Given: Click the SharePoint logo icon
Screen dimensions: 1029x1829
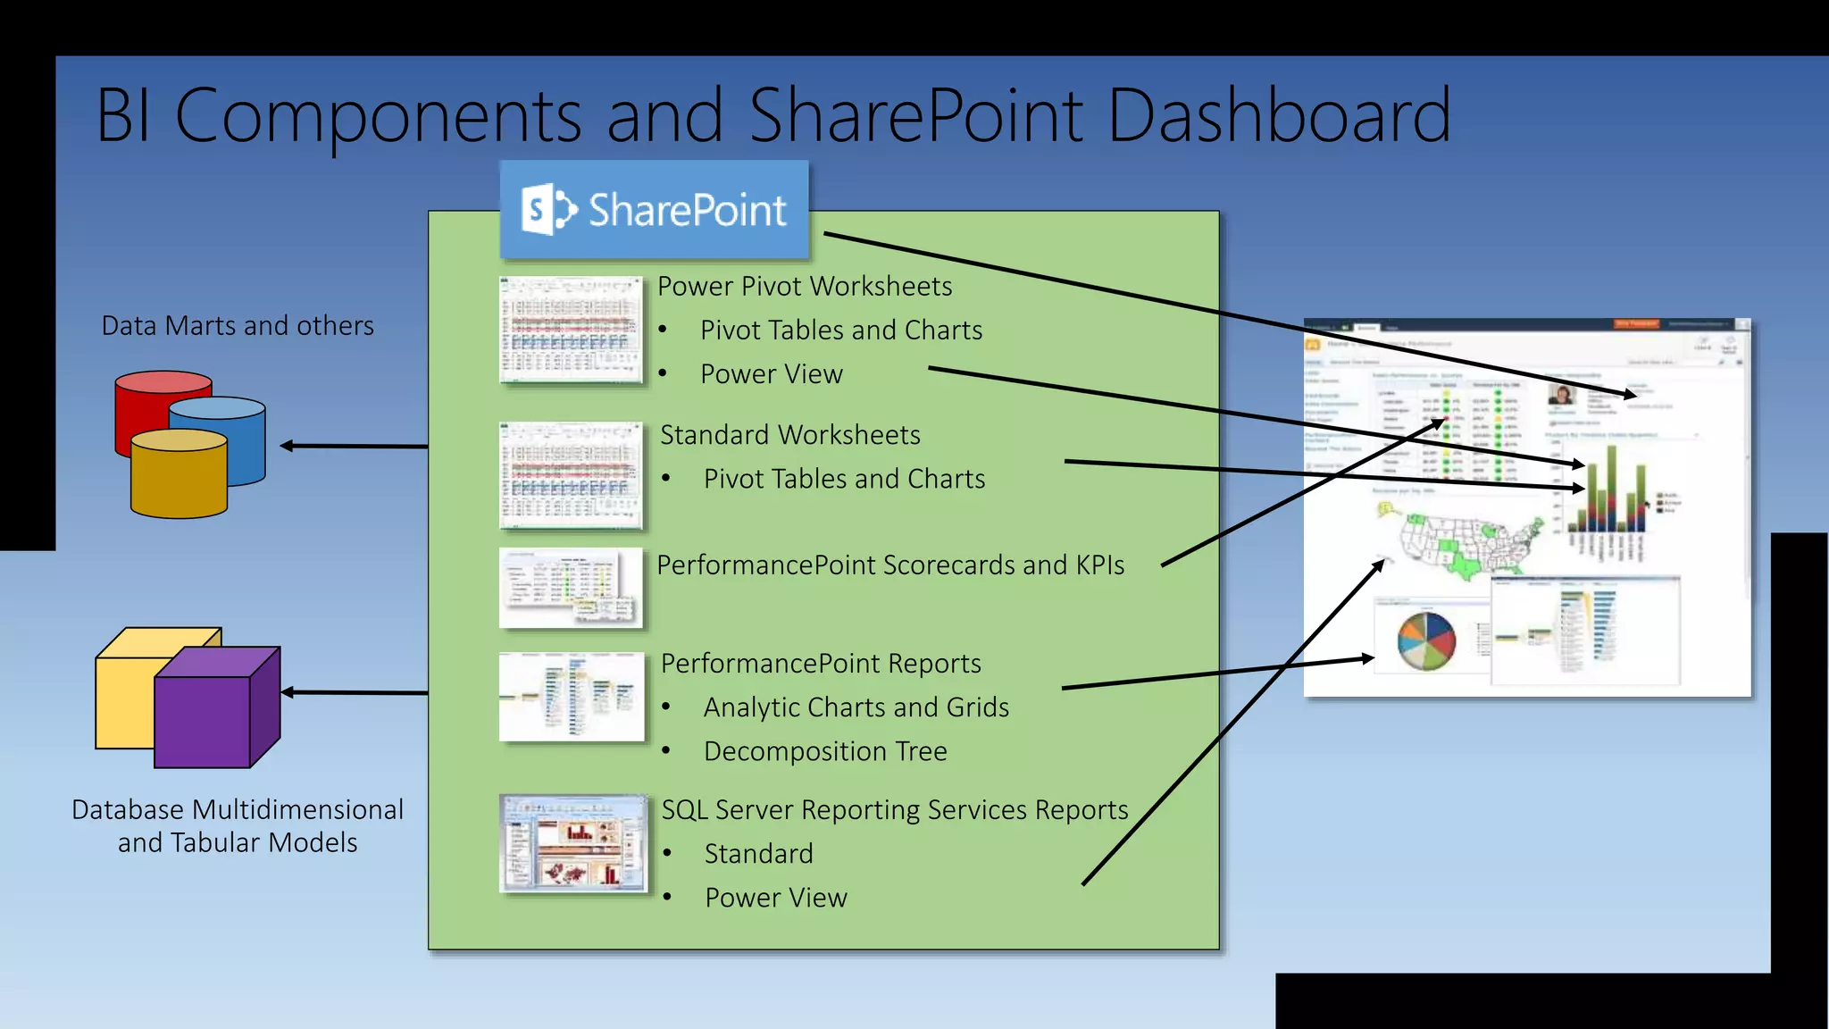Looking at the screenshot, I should tap(547, 210).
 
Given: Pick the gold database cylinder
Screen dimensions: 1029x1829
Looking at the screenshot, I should tap(179, 478).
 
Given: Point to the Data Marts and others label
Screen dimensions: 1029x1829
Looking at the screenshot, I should tap(238, 325).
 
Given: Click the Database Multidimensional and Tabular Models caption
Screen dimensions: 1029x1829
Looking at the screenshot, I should tap(238, 825).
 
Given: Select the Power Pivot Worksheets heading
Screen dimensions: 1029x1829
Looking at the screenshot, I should tap(804, 286).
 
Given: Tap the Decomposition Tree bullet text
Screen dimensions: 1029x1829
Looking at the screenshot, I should tap(824, 751).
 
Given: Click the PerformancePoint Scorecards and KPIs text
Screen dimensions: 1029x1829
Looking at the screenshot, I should tap(889, 565).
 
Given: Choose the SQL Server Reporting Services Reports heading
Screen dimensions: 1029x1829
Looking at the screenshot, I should tap(894, 809).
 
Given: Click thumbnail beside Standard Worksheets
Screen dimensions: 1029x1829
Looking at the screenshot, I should tap(571, 475).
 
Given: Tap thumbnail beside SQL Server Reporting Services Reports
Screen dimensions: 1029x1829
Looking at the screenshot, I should tap(572, 842).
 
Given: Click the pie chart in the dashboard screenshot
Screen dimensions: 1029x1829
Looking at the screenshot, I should tap(1426, 640).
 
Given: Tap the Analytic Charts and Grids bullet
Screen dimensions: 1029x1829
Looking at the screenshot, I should tap(856, 707).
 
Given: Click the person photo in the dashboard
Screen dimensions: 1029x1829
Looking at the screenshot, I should tap(1561, 395).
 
